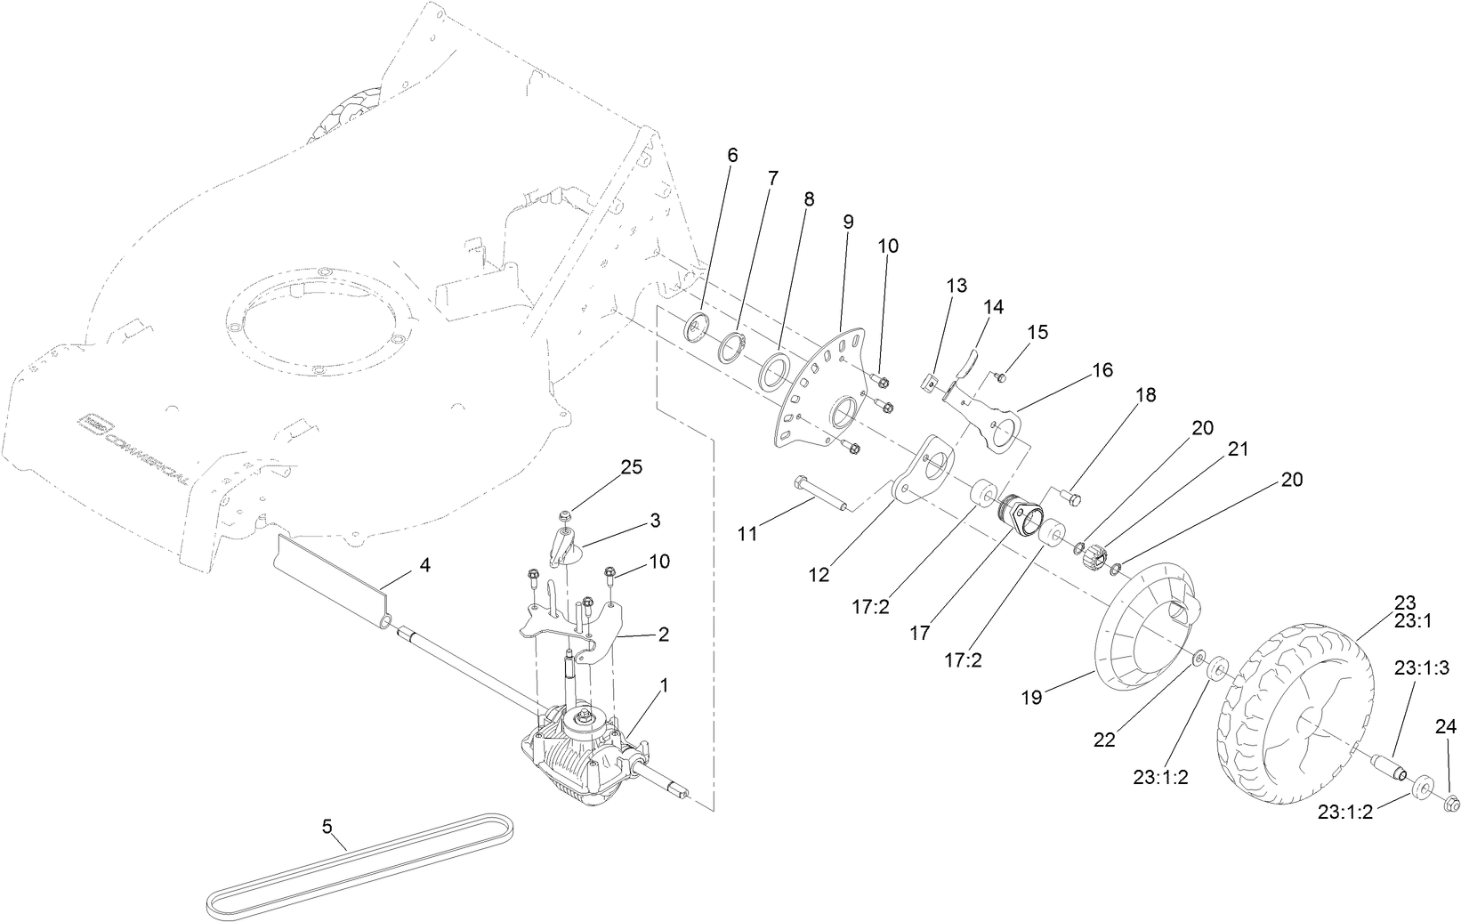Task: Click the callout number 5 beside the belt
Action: pyautogui.click(x=327, y=827)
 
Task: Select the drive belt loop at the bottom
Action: pyautogui.click(x=356, y=868)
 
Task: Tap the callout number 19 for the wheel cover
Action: pyautogui.click(x=1031, y=697)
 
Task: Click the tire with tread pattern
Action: pyautogui.click(x=1290, y=703)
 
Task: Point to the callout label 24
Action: pyautogui.click(x=1445, y=728)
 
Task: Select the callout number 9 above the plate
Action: pyautogui.click(x=848, y=220)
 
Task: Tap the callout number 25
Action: pyautogui.click(x=631, y=468)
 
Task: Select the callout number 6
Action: pyautogui.click(x=732, y=155)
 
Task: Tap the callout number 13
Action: pyautogui.click(x=956, y=286)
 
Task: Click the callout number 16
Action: pyautogui.click(x=1102, y=370)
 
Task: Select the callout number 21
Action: pyautogui.click(x=1238, y=450)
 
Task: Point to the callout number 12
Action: pyautogui.click(x=819, y=575)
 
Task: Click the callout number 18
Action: pyautogui.click(x=1146, y=395)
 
